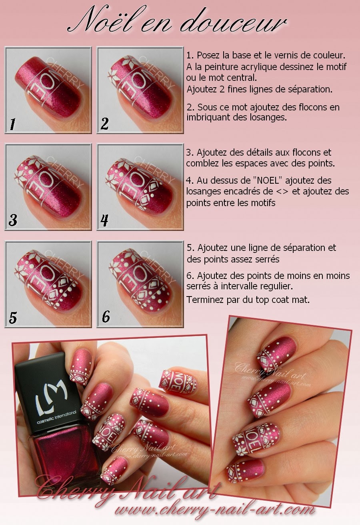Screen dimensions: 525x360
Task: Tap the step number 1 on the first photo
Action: (12, 124)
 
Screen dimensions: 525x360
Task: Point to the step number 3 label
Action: (13, 220)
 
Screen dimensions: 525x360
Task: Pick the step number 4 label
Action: (105, 220)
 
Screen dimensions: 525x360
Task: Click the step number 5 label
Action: (13, 317)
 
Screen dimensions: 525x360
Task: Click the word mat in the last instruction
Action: (302, 299)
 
